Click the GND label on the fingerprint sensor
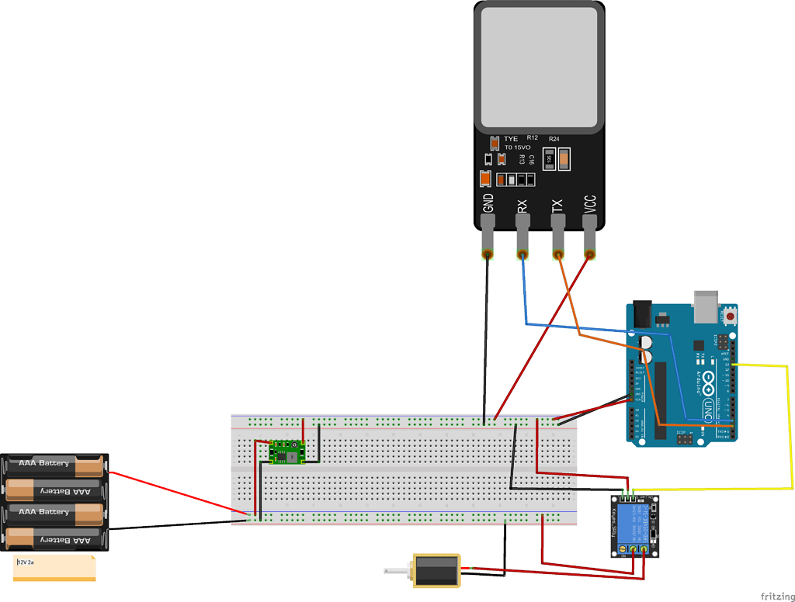pyautogui.click(x=488, y=203)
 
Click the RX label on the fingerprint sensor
pyautogui.click(x=522, y=206)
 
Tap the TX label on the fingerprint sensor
pyautogui.click(x=557, y=206)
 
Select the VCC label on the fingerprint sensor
pyautogui.click(x=590, y=204)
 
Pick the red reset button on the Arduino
pyautogui.click(x=731, y=316)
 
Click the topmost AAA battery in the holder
pyautogui.click(x=54, y=464)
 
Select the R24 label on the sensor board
pyautogui.click(x=554, y=138)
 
